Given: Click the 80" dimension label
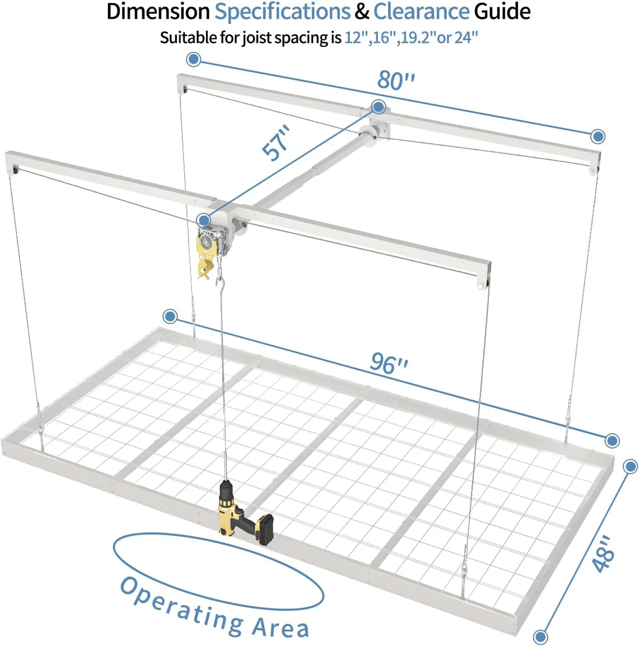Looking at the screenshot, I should click(397, 80).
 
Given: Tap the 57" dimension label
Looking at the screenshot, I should click(277, 143).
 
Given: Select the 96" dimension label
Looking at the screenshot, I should click(389, 363).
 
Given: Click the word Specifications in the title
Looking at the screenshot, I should click(282, 12).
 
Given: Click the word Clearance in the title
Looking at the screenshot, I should click(421, 12).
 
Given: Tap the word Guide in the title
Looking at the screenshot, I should click(502, 12).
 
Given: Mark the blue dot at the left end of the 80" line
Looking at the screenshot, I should click(194, 59).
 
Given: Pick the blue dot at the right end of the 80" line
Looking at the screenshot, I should click(598, 136).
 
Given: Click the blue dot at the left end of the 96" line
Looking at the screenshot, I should click(171, 316).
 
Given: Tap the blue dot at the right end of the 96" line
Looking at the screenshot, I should click(612, 440).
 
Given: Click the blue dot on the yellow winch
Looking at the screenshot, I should click(204, 219).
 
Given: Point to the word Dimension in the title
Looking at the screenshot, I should click(158, 12).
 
